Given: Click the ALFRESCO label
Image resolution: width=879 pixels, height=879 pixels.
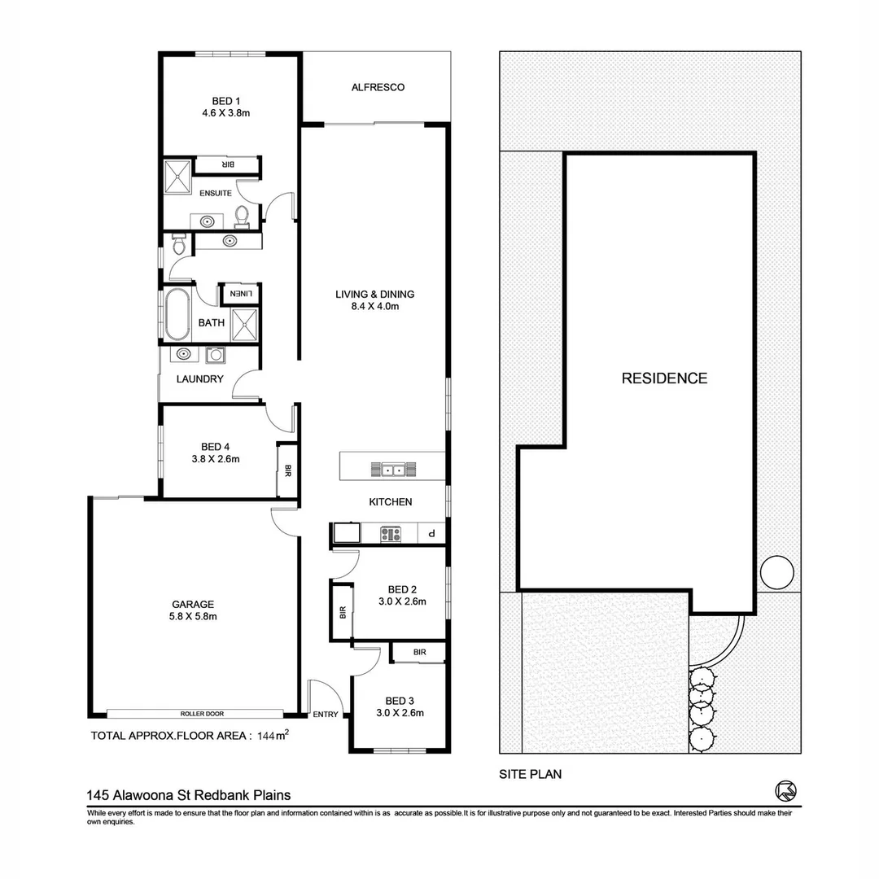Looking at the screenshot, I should tap(378, 87).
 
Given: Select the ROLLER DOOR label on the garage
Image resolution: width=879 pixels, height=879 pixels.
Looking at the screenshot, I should tap(203, 714).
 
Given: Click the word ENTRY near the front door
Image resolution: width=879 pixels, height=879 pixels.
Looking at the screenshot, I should tap(326, 715).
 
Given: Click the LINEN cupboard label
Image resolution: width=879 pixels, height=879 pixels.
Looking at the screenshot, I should tap(242, 294).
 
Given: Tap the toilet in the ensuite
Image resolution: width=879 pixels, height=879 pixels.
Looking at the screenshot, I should tap(242, 216).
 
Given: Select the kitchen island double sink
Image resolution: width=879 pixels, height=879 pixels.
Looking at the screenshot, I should tap(394, 469).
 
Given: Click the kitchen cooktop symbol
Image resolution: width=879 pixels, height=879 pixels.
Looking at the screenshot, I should tap(391, 534).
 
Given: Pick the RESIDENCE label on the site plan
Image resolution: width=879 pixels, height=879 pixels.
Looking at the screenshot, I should tap(664, 378).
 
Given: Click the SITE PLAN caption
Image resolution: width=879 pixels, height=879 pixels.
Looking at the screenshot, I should tap(530, 775).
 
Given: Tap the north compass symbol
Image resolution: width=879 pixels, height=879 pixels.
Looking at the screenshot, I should tap(785, 789).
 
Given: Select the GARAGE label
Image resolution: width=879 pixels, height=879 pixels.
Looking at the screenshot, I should tap(193, 604).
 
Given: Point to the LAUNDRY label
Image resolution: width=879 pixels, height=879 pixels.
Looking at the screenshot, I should tap(200, 378).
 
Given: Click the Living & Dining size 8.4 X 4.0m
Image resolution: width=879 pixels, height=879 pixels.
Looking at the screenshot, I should tap(375, 307).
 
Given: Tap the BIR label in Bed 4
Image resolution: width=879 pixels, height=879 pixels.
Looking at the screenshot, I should tap(287, 470).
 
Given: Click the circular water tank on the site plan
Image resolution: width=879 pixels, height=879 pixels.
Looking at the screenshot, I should tap(776, 571).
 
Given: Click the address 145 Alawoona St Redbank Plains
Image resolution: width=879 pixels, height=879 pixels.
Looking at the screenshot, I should tap(189, 795).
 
